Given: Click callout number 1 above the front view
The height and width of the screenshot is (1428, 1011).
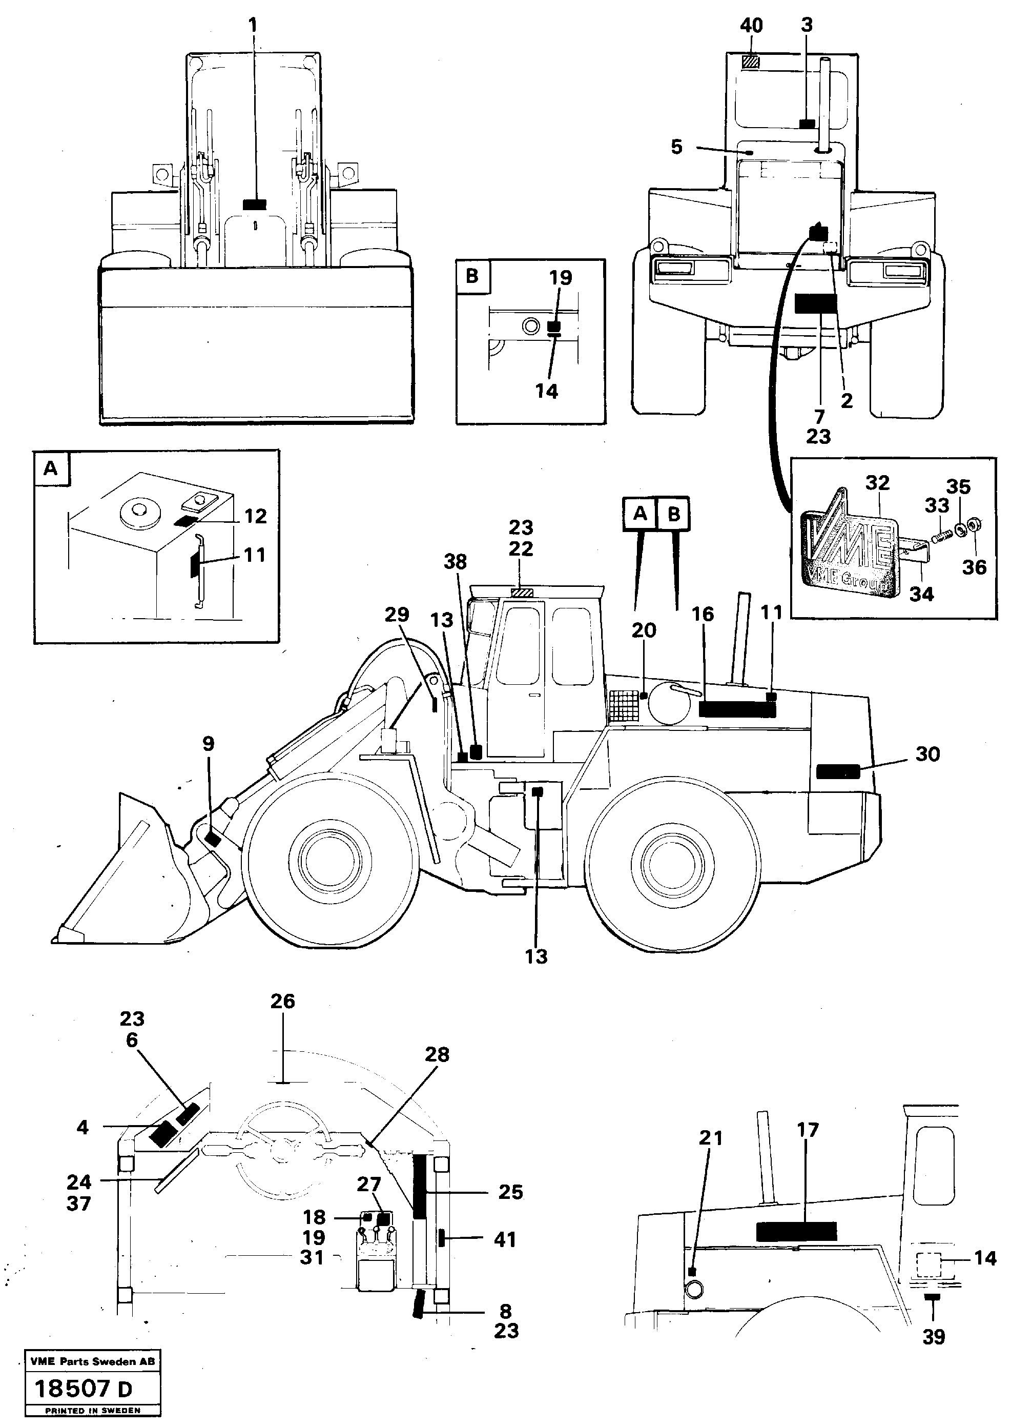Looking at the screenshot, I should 252,26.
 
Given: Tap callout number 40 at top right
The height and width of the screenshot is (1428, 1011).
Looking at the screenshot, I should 751,26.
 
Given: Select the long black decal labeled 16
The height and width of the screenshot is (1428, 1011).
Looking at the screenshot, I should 737,709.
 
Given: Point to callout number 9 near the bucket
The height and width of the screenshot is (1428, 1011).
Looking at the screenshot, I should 209,744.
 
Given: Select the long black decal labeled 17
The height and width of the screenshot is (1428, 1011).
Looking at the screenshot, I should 796,1231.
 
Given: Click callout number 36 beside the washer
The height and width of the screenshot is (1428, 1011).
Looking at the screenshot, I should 974,567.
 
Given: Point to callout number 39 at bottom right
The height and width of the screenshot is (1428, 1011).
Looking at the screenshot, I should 933,1336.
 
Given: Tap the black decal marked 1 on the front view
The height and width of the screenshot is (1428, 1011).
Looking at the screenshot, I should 254,205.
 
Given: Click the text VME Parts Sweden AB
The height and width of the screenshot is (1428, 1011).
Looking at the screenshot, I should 92,1361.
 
